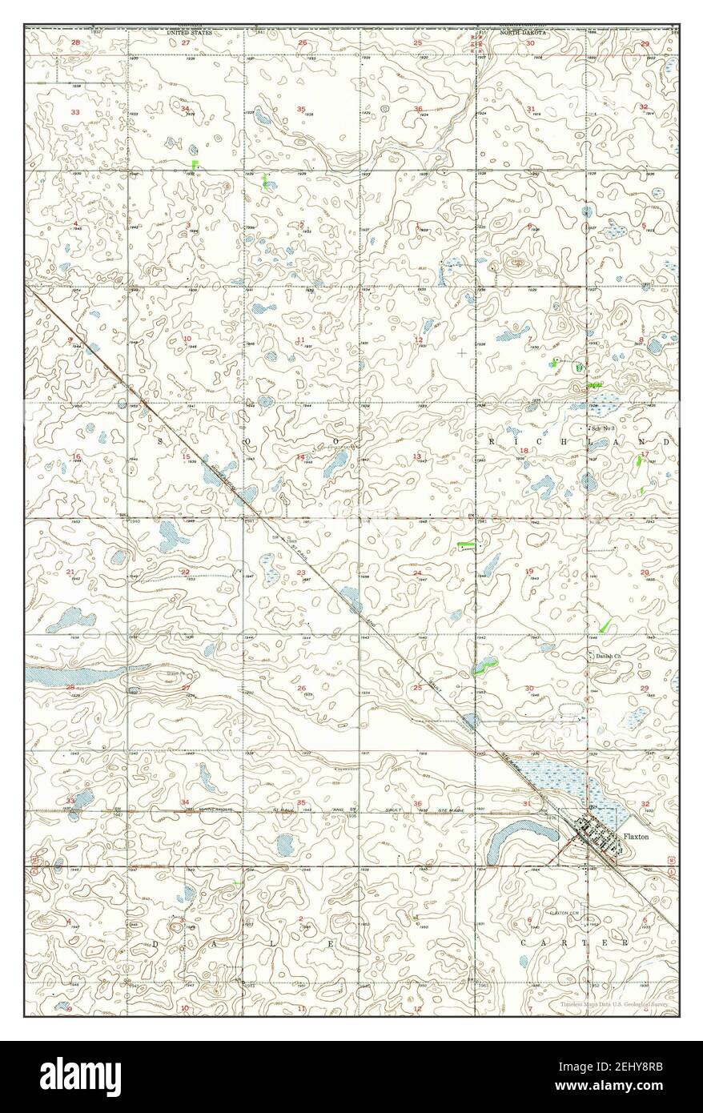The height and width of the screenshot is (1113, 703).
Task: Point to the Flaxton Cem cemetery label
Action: click(x=564, y=913)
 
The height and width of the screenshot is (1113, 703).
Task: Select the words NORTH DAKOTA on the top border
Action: click(x=524, y=33)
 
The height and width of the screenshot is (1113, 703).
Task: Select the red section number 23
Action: click(x=301, y=573)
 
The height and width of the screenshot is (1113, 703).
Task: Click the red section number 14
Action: click(x=301, y=457)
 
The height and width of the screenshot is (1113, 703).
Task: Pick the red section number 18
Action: click(x=524, y=451)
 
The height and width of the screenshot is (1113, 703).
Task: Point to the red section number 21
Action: click(x=70, y=573)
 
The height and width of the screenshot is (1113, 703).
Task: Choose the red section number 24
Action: click(x=418, y=573)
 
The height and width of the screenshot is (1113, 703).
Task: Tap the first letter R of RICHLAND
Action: click(x=490, y=441)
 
